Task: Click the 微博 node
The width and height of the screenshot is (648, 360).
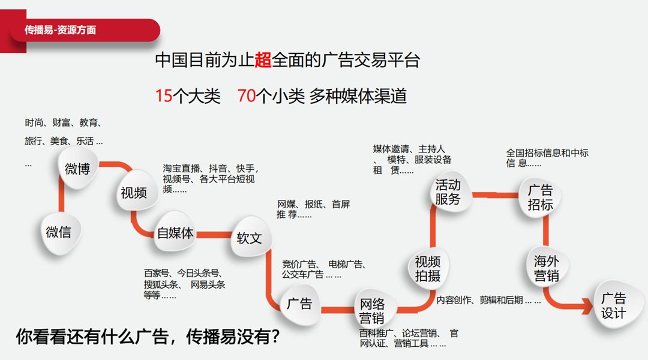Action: pyautogui.click(x=77, y=169)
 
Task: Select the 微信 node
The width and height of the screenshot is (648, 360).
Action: pyautogui.click(x=58, y=232)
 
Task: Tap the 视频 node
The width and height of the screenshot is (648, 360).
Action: pyautogui.click(x=133, y=193)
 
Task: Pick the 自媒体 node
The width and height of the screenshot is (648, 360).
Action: pyautogui.click(x=175, y=233)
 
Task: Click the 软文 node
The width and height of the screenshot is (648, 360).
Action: pyautogui.click(x=249, y=238)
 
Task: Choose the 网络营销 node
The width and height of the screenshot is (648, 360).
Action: pyautogui.click(x=372, y=310)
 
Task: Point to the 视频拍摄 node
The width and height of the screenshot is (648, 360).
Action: pyautogui.click(x=428, y=268)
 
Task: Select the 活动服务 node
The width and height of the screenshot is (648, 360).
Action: pyautogui.click(x=448, y=193)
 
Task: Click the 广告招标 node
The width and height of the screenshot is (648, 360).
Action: pyautogui.click(x=540, y=197)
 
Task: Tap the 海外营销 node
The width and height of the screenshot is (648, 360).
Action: pyautogui.click(x=547, y=268)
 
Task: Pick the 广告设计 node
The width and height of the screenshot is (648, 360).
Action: pyautogui.click(x=613, y=306)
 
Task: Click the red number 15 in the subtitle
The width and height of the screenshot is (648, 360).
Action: pyautogui.click(x=163, y=96)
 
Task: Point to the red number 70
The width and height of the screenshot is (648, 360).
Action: pyautogui.click(x=246, y=96)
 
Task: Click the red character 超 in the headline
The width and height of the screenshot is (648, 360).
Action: pyautogui.click(x=263, y=60)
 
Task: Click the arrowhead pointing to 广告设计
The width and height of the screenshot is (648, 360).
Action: pyautogui.click(x=585, y=308)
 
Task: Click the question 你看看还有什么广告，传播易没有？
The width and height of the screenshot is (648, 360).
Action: pyautogui.click(x=148, y=337)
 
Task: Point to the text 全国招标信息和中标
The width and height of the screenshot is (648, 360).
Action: pyautogui.click(x=547, y=153)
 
